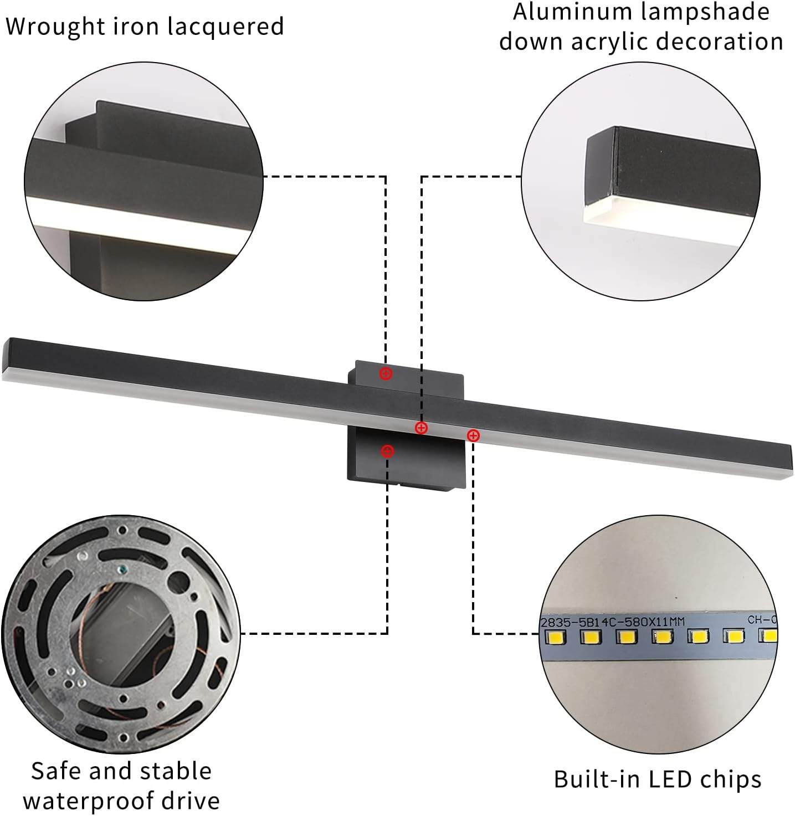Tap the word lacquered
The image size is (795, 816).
coord(226,26)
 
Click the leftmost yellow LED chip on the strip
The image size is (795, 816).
coord(556,638)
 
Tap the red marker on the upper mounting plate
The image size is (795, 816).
coord(386,373)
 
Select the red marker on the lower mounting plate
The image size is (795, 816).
coord(387,451)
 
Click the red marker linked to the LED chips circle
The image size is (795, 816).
coord(473,435)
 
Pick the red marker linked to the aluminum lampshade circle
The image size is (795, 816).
coord(422,428)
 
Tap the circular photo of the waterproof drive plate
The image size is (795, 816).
coord(121,634)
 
